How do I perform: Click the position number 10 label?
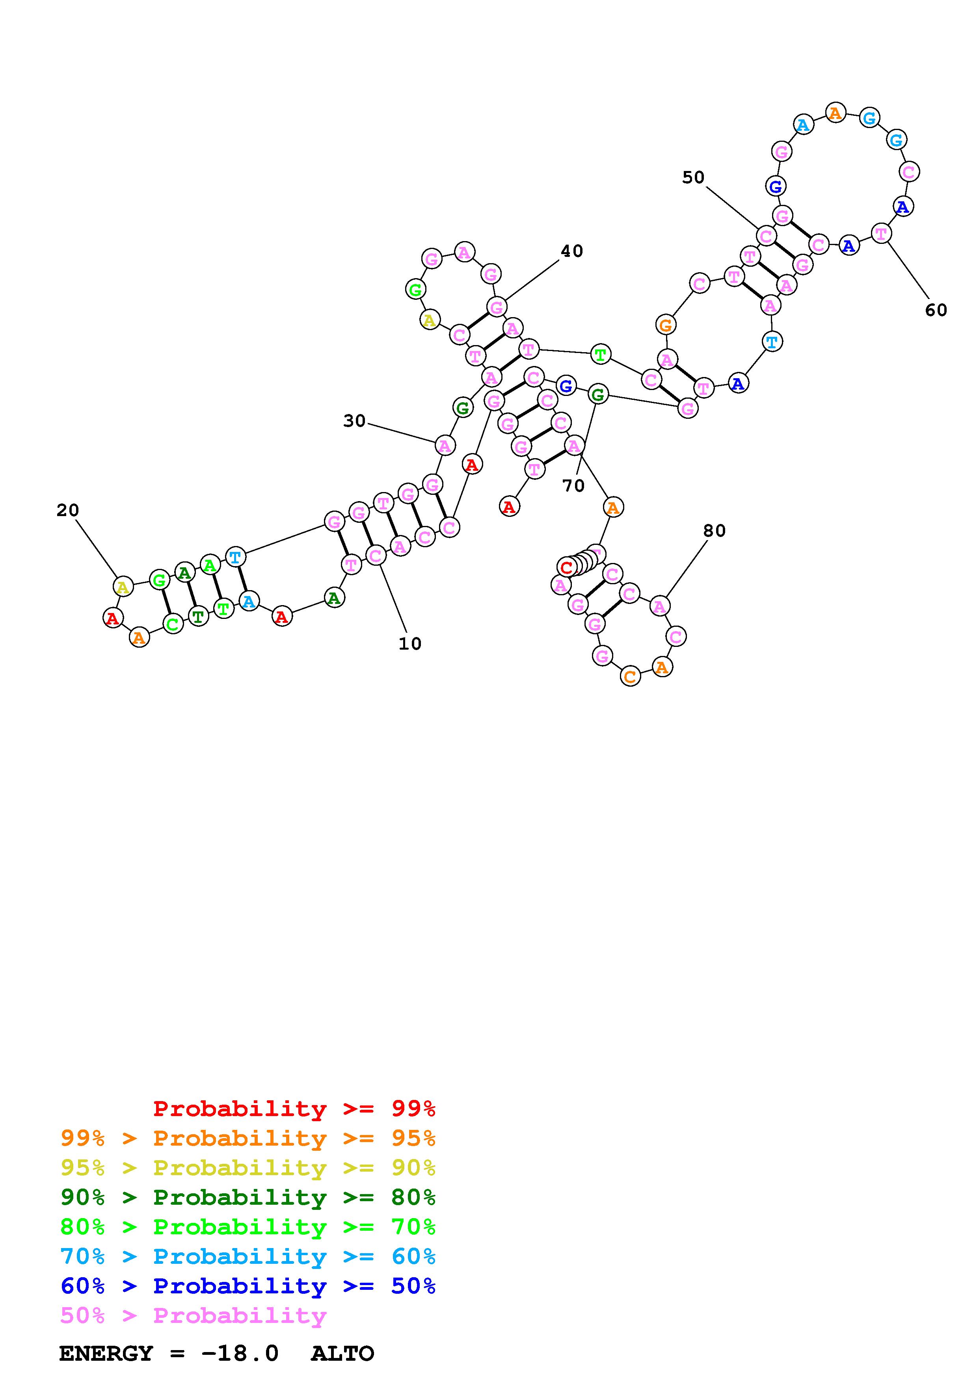pyautogui.click(x=410, y=644)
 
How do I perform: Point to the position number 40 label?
pyautogui.click(x=572, y=251)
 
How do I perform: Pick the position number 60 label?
pyautogui.click(x=936, y=310)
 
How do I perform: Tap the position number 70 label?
pyautogui.click(x=573, y=486)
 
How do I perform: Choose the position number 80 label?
pyautogui.click(x=715, y=531)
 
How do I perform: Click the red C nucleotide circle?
pyautogui.click(x=566, y=567)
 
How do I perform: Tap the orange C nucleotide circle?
pyautogui.click(x=630, y=676)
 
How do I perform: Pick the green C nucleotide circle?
pyautogui.click(x=173, y=624)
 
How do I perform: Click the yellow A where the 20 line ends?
pyautogui.click(x=123, y=586)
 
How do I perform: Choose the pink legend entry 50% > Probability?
pyautogui.click(x=193, y=1315)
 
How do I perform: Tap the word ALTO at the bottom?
pyautogui.click(x=342, y=1354)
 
